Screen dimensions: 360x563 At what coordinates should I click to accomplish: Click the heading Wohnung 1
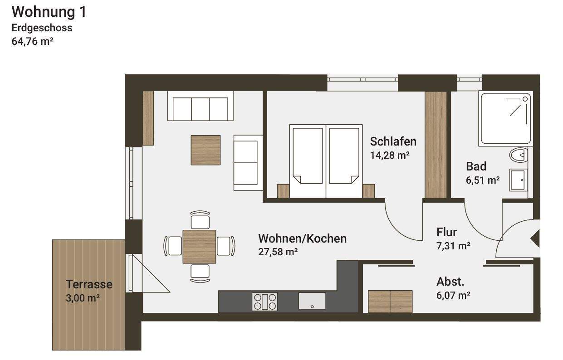pyautogui.click(x=49, y=12)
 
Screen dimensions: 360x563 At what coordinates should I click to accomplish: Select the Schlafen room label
pyautogui.click(x=393, y=141)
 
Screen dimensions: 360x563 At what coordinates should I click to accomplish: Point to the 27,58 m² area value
pyautogui.click(x=278, y=252)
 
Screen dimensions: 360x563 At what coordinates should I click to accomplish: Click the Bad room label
pyautogui.click(x=476, y=166)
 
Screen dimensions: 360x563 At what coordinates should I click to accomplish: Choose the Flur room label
pyautogui.click(x=446, y=232)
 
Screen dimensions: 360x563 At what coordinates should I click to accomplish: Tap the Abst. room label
pyautogui.click(x=450, y=282)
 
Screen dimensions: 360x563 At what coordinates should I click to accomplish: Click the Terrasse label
pyautogui.click(x=89, y=285)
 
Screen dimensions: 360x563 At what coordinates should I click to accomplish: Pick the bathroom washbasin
pyautogui.click(x=519, y=180)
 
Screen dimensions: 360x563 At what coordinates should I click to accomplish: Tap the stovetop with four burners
pyautogui.click(x=265, y=302)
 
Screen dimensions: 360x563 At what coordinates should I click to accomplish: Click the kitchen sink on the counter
pyautogui.click(x=312, y=301)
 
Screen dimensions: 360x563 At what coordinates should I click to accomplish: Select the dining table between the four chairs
pyautogui.click(x=199, y=246)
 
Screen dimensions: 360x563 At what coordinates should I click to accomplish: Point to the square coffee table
pyautogui.click(x=206, y=150)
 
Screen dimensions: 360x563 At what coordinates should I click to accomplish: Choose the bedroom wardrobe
pyautogui.click(x=436, y=145)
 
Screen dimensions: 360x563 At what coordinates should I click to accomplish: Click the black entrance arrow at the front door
pyautogui.click(x=535, y=238)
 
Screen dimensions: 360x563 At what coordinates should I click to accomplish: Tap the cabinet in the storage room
pyautogui.click(x=390, y=302)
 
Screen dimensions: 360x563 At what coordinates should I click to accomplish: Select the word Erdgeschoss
pyautogui.click(x=42, y=27)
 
